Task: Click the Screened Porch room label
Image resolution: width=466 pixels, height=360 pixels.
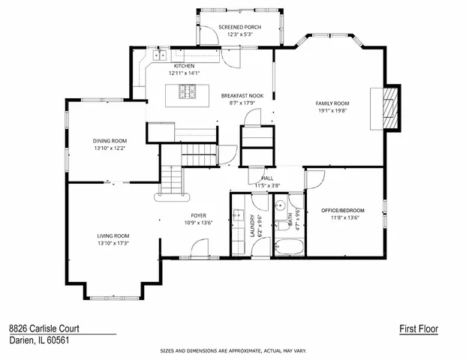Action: [240, 27]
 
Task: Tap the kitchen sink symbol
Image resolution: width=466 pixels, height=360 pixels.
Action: [159, 55]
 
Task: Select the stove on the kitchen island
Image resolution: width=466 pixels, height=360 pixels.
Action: [187, 91]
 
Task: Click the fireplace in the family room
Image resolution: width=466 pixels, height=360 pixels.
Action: [388, 107]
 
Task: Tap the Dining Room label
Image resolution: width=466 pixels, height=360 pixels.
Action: [110, 140]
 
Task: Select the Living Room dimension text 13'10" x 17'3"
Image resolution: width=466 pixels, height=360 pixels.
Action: [113, 243]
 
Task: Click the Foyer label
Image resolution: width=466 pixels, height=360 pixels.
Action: [199, 215]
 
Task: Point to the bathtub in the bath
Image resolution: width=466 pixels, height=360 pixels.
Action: [287, 246]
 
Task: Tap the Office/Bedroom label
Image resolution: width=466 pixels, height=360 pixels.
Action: [342, 210]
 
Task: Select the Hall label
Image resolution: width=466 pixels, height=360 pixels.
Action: [267, 178]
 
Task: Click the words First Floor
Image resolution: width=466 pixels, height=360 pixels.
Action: [418, 328]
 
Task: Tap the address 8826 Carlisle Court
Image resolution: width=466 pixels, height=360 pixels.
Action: [44, 328]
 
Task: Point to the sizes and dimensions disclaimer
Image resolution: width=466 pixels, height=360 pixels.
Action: [233, 350]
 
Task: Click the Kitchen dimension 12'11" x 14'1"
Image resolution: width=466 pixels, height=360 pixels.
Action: [185, 73]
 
